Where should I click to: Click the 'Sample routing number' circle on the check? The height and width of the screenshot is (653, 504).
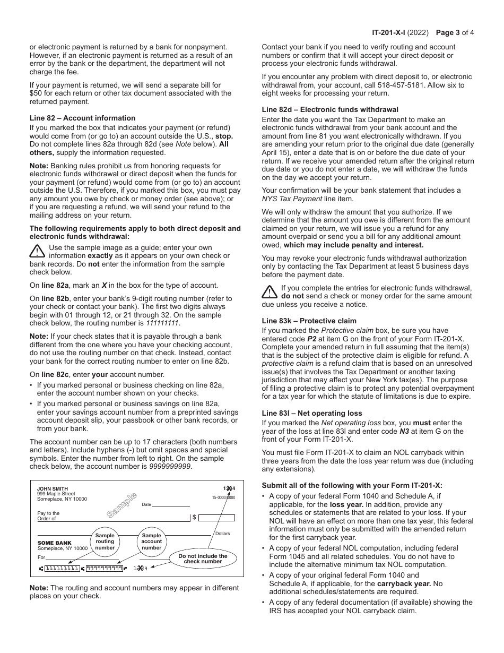(105, 541)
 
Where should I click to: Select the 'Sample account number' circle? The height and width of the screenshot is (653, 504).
(151, 541)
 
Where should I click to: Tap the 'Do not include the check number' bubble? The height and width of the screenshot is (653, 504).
(203, 559)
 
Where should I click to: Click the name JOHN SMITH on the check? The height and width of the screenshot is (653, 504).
(53, 489)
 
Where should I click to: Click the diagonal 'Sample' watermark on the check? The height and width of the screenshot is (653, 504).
(121, 505)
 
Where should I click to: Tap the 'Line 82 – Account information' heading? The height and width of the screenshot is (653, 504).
(82, 118)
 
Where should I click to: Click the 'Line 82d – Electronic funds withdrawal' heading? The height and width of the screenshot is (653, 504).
(330, 110)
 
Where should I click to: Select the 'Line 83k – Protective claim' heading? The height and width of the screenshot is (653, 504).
(309, 321)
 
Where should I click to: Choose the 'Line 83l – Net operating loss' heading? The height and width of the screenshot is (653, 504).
(312, 413)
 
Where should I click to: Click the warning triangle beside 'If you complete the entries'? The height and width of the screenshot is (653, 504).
(269, 291)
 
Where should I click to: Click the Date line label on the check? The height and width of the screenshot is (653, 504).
(146, 505)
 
